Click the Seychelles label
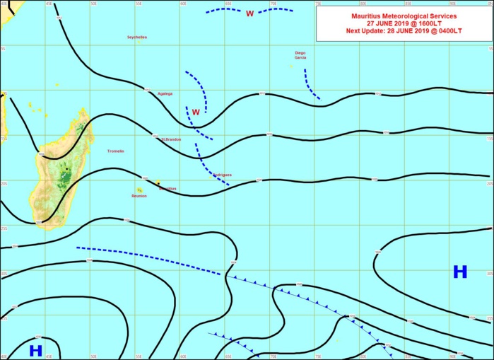137,37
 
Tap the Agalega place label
165,93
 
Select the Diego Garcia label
300,55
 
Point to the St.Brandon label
171,139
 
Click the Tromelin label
115,151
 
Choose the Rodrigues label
222,173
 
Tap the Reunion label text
139,196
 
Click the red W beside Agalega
196,112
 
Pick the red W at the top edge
249,13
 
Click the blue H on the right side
460,272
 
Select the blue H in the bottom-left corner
35,350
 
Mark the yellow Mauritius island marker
158,183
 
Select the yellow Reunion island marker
139,190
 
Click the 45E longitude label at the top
48,3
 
